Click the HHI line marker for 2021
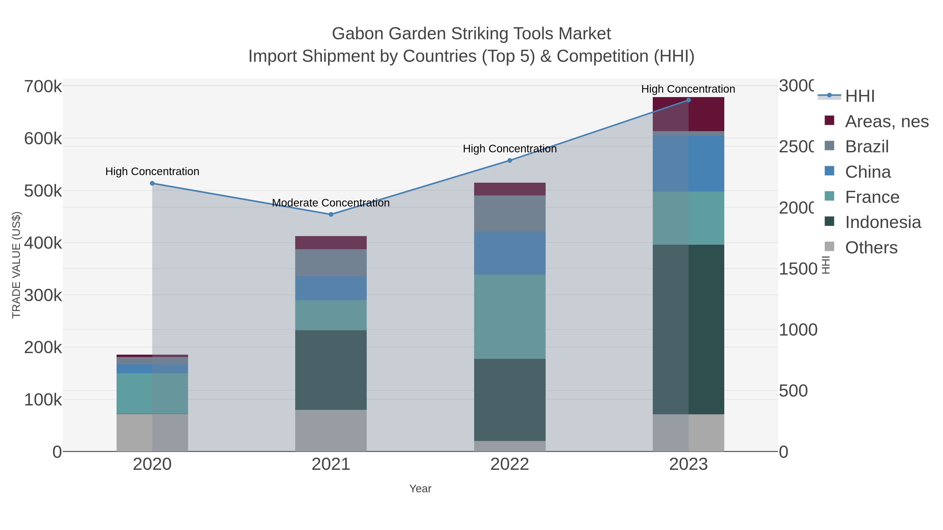[x=331, y=214]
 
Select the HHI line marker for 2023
[x=688, y=100]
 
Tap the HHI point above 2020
[x=152, y=183]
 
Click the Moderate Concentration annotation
[x=331, y=203]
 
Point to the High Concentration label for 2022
[x=509, y=149]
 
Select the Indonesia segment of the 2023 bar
[x=688, y=329]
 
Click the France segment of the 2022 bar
[x=509, y=316]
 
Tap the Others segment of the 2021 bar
[x=331, y=431]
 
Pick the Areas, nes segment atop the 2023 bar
[x=688, y=114]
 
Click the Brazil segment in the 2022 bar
[x=509, y=214]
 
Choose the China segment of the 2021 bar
[x=331, y=288]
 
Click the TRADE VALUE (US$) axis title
[x=17, y=265]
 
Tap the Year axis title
[x=420, y=489]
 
